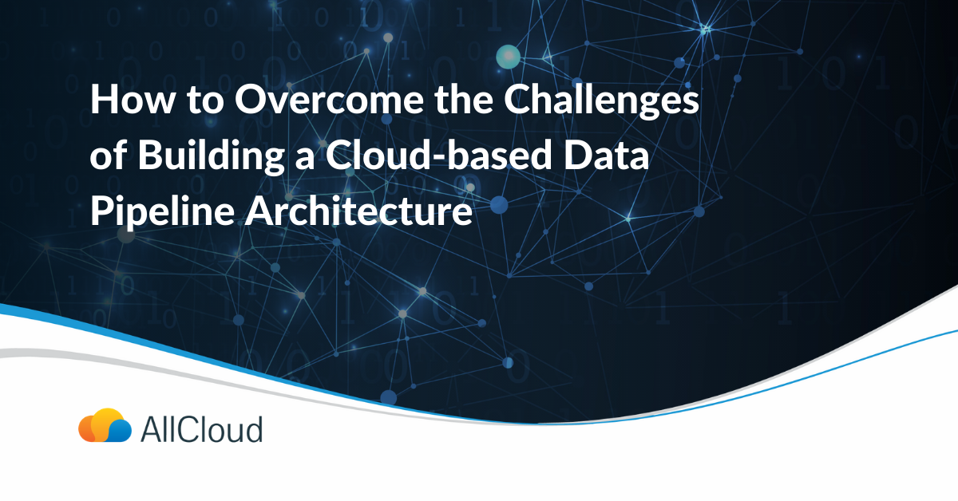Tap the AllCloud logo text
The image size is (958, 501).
pyautogui.click(x=201, y=430)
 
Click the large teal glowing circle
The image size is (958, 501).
pyautogui.click(x=508, y=56)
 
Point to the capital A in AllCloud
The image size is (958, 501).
pyautogui.click(x=151, y=430)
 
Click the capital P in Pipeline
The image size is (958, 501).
pyautogui.click(x=101, y=211)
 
